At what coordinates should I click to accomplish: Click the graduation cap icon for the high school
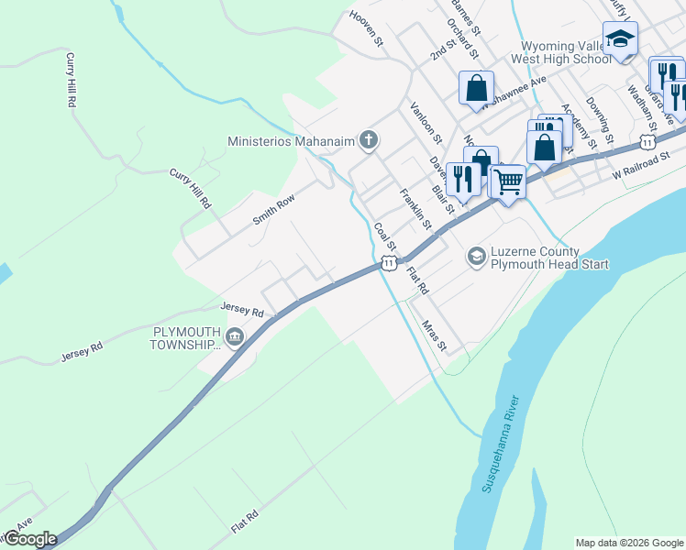[x=621, y=39]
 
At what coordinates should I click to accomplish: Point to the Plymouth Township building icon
[x=235, y=338]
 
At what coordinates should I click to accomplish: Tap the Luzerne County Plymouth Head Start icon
[x=476, y=257]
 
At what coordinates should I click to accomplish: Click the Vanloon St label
[x=426, y=123]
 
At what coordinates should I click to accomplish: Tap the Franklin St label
[x=415, y=208]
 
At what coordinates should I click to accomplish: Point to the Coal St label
[x=384, y=237]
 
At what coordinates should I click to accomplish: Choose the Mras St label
[x=434, y=335]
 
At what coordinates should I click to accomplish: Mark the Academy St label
[x=580, y=126]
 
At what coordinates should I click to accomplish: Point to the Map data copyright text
[x=628, y=543]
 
